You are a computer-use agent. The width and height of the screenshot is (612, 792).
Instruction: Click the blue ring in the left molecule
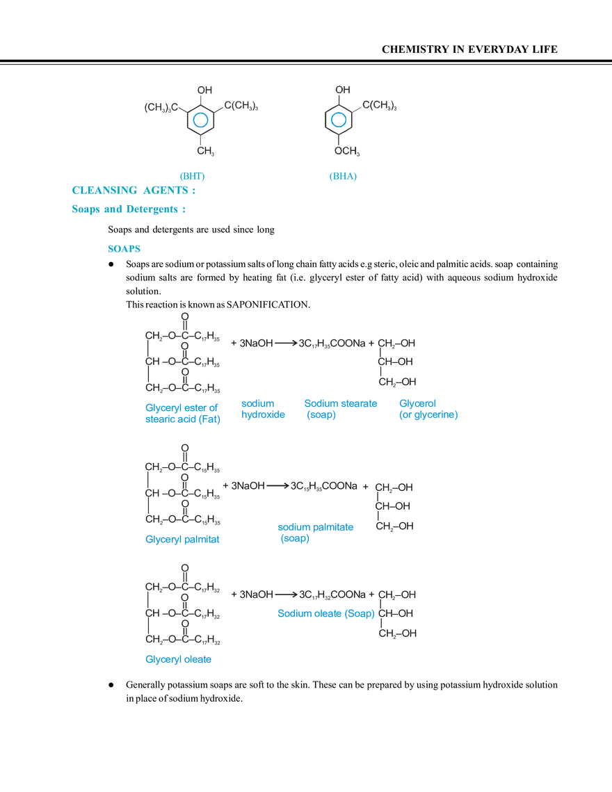pyautogui.click(x=200, y=121)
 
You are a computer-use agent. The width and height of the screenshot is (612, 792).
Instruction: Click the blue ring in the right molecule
pyautogui.click(x=337, y=121)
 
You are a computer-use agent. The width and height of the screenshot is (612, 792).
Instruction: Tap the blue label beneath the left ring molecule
pyautogui.click(x=192, y=175)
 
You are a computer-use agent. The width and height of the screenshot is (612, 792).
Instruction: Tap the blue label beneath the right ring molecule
pyautogui.click(x=344, y=177)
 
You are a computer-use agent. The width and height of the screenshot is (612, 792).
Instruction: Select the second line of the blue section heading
pyautogui.click(x=129, y=207)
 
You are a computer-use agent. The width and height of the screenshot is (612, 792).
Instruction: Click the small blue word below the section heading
pyautogui.click(x=124, y=248)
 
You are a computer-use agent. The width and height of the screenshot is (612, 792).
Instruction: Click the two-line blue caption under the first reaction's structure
pyautogui.click(x=182, y=412)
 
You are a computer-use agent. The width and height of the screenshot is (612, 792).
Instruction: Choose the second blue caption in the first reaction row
pyautogui.click(x=264, y=410)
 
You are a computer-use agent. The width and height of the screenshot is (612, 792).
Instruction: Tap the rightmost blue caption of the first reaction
pyautogui.click(x=427, y=410)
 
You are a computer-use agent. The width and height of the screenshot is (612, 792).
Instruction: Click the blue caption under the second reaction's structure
pyautogui.click(x=182, y=539)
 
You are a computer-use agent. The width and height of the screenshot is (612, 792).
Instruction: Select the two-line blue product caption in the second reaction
pyautogui.click(x=316, y=533)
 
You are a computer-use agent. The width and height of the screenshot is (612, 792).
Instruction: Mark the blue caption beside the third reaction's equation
pyautogui.click(x=326, y=613)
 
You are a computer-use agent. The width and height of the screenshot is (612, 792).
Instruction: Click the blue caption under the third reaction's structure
pyautogui.click(x=179, y=661)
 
